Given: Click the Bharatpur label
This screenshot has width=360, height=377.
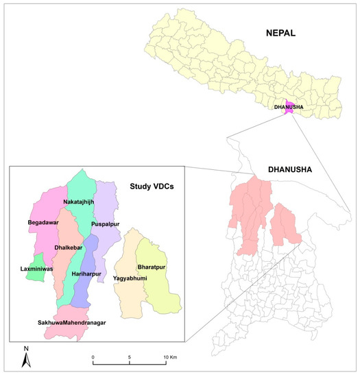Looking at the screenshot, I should tap(152, 266).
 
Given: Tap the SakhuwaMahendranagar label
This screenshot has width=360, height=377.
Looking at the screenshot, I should tap(74, 321).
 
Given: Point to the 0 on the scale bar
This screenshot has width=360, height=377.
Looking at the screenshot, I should tap(93, 359).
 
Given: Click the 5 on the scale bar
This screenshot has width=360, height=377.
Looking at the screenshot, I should tap(130, 359).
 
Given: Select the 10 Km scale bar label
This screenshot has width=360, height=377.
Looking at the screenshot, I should tap(170, 359).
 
